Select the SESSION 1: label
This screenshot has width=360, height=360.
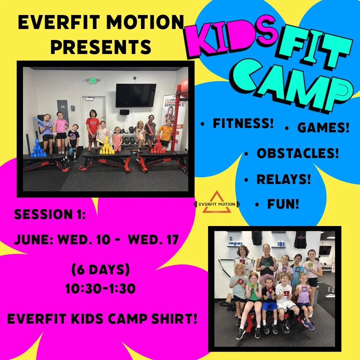[x=50, y=214]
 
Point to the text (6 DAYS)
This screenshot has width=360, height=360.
[x=100, y=270]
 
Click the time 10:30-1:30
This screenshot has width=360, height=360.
[x=100, y=289]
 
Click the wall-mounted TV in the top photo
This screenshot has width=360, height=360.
[x=136, y=95]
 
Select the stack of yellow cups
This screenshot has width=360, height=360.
[x=107, y=146]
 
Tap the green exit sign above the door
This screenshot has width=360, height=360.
[x=92, y=80]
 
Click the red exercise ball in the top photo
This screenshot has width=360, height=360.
[x=184, y=88]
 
